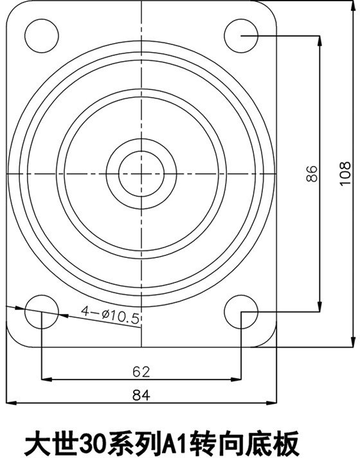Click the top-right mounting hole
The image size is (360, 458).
tap(242, 35)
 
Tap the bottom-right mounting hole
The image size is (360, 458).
tap(242, 311)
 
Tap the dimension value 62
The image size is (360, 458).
tap(141, 371)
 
